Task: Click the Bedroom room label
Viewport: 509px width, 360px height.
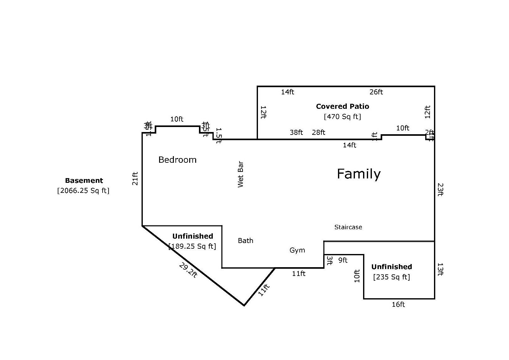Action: tap(177, 160)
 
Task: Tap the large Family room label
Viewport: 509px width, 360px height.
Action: tap(358, 174)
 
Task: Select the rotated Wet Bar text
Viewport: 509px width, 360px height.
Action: tap(241, 174)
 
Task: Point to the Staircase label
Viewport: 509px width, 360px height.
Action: tap(348, 227)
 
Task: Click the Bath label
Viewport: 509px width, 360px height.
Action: tap(245, 241)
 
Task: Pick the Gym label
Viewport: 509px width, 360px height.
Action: tap(297, 250)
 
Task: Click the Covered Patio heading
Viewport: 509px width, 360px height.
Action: tap(342, 106)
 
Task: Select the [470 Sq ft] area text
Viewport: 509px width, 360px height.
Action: tap(342, 117)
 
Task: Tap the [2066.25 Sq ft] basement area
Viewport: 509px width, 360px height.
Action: tap(83, 191)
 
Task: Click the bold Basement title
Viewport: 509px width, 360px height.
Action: tap(84, 181)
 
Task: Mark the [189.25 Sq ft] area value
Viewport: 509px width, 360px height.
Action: tap(192, 246)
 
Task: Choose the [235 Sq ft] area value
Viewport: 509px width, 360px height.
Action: tap(391, 277)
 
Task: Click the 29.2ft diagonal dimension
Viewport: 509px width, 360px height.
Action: tap(188, 270)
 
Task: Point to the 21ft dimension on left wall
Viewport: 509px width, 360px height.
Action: tap(135, 178)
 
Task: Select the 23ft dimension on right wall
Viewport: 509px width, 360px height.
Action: tap(440, 189)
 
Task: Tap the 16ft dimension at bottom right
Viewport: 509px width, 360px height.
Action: tap(398, 304)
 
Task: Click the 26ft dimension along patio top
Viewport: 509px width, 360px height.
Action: tap(376, 92)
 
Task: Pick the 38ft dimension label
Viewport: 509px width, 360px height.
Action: tap(296, 132)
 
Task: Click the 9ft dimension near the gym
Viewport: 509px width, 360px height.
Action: tap(343, 260)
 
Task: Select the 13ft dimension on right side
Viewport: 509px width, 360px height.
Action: tap(440, 269)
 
